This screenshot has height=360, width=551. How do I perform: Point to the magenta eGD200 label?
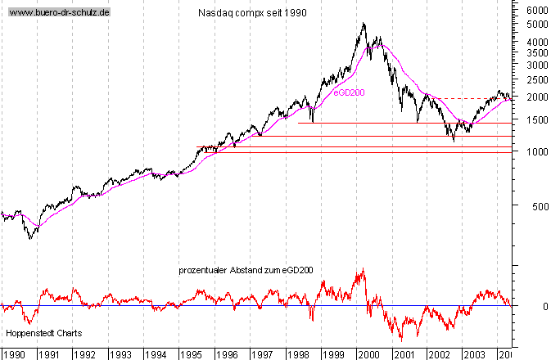click(348, 92)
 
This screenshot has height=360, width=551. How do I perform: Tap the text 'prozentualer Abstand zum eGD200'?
click(246, 270)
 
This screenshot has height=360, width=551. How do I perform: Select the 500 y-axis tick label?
click(537, 206)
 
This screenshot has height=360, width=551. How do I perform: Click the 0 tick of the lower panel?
click(532, 306)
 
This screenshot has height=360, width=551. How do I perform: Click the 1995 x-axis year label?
click(192, 354)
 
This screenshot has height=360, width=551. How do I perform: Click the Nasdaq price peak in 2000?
click(364, 24)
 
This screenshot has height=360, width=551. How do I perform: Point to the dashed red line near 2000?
click(475, 99)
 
